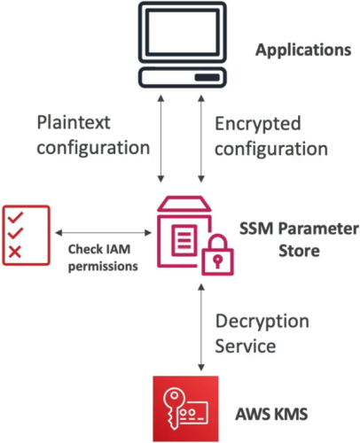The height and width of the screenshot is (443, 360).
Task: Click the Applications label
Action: (x=303, y=51)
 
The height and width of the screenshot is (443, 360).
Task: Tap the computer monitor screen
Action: (x=184, y=32)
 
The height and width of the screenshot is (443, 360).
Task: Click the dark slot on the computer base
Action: (x=207, y=77)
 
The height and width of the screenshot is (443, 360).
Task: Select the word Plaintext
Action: (x=74, y=122)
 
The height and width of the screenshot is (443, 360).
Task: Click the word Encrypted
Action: (x=258, y=124)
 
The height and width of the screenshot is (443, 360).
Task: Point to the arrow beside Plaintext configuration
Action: (x=160, y=138)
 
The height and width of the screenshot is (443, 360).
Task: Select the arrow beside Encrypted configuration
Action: (x=201, y=138)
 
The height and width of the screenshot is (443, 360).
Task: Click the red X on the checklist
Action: (x=15, y=252)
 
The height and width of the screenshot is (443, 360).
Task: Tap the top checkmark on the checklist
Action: (x=15, y=217)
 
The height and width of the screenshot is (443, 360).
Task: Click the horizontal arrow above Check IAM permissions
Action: (x=104, y=233)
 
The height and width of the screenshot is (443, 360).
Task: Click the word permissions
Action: (x=103, y=267)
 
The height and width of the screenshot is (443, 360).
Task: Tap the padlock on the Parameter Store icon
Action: (x=218, y=254)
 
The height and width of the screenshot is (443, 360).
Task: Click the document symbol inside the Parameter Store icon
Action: (x=184, y=240)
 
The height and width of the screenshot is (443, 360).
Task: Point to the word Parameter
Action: (x=318, y=229)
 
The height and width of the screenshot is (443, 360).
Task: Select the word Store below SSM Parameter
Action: (x=299, y=251)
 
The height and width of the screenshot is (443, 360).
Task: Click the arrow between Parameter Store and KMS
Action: (x=201, y=328)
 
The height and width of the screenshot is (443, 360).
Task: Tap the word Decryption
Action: (x=262, y=322)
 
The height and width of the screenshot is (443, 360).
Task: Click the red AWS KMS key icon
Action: (x=185, y=408)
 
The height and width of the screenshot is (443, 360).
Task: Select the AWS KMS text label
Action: (x=271, y=414)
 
